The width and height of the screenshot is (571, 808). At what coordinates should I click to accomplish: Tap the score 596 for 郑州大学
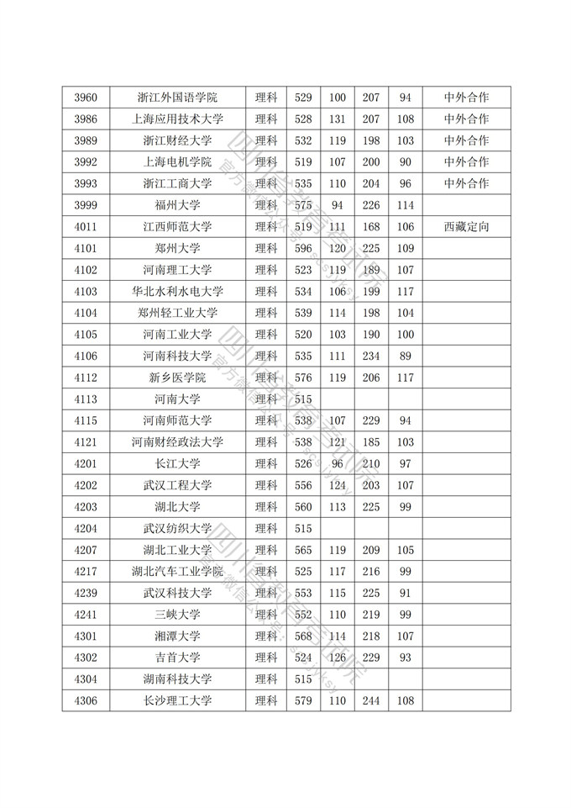303,248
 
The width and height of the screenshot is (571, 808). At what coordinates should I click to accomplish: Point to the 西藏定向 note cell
466,227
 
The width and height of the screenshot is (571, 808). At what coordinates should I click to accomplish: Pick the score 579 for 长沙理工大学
303,700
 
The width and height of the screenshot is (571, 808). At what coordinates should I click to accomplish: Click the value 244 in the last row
371,700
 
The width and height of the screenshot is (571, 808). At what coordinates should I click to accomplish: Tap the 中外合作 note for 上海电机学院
466,162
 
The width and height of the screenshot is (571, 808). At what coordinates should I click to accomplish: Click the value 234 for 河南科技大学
371,356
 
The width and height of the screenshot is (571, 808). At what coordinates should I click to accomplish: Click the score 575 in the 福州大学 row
303,205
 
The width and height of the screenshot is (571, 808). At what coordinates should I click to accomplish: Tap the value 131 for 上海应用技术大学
338,119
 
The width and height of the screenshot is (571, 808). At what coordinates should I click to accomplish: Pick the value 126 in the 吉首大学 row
338,657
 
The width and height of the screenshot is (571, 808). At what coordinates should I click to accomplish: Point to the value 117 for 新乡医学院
406,378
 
